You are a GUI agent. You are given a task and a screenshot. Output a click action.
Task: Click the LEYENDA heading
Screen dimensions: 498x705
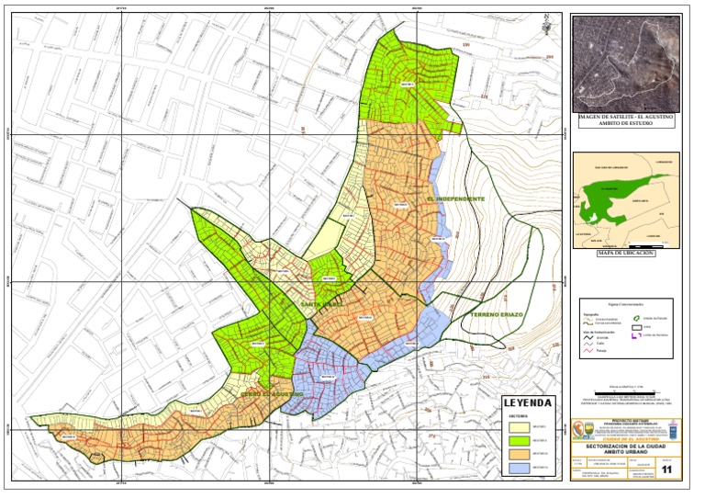click(528, 403)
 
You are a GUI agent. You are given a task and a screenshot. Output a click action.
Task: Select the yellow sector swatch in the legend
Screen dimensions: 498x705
click(515, 427)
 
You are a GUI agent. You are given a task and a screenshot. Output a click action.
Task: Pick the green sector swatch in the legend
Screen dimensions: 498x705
click(515, 440)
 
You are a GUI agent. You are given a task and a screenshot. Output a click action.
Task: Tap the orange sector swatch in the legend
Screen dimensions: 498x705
click(515, 454)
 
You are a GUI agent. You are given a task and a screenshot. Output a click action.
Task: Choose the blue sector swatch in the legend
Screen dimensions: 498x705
click(515, 467)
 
